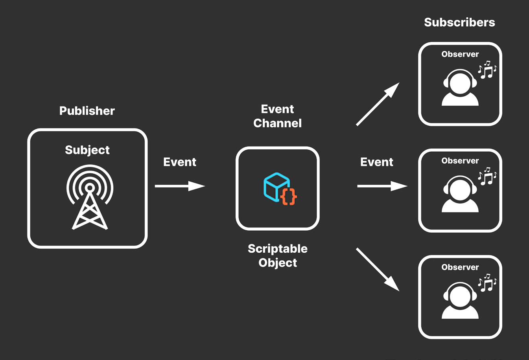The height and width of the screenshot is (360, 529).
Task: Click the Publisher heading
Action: click(87, 111)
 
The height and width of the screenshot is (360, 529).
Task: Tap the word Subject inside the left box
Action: click(87, 150)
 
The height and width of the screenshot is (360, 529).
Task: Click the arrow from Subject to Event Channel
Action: click(180, 186)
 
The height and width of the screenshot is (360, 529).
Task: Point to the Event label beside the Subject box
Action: click(180, 162)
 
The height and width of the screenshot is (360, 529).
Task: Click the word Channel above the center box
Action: click(278, 123)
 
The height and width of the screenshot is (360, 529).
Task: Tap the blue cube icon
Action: click(276, 187)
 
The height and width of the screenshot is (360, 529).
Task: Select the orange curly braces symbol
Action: click(289, 197)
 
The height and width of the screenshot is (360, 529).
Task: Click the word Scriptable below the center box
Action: click(278, 249)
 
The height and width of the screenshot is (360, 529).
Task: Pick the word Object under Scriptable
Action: click(278, 263)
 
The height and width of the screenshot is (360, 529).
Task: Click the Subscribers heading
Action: click(459, 22)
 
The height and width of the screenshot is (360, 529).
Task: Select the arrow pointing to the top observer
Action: click(378, 104)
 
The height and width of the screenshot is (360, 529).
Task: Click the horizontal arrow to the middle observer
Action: click(382, 186)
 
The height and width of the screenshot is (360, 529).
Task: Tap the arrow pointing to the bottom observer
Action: click(378, 269)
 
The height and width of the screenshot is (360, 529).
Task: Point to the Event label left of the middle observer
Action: click(377, 162)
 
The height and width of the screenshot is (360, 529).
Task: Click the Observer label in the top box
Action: click(460, 54)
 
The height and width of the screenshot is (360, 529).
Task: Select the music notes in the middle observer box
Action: click(487, 176)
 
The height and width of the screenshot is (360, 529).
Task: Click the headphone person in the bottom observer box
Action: click(460, 300)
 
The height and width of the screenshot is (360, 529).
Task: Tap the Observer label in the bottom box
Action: click(460, 267)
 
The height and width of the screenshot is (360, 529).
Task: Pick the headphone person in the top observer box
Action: click(460, 87)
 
